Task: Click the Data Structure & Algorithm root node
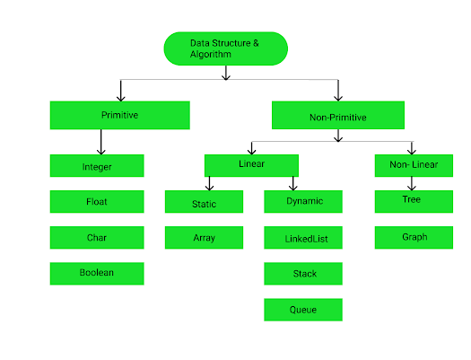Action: click(x=225, y=48)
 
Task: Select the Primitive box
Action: click(x=119, y=115)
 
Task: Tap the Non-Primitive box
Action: click(x=336, y=115)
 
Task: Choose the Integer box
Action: click(x=96, y=166)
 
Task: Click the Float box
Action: click(x=96, y=201)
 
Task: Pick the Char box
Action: click(x=96, y=237)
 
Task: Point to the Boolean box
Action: click(x=96, y=273)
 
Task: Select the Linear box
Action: click(x=251, y=165)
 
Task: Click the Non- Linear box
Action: click(x=412, y=165)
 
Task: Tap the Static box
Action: click(x=205, y=202)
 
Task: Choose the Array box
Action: click(x=205, y=238)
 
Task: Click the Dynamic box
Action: click(x=303, y=202)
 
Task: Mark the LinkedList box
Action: click(x=303, y=238)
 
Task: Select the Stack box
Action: click(x=303, y=274)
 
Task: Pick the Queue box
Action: click(x=303, y=310)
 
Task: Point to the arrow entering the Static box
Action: click(x=209, y=183)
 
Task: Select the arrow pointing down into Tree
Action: click(x=412, y=183)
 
